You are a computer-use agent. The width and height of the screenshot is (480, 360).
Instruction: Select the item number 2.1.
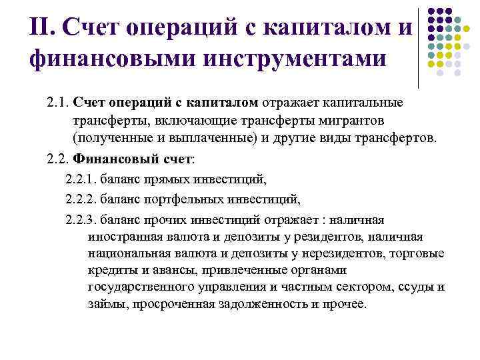(x=58, y=103)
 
